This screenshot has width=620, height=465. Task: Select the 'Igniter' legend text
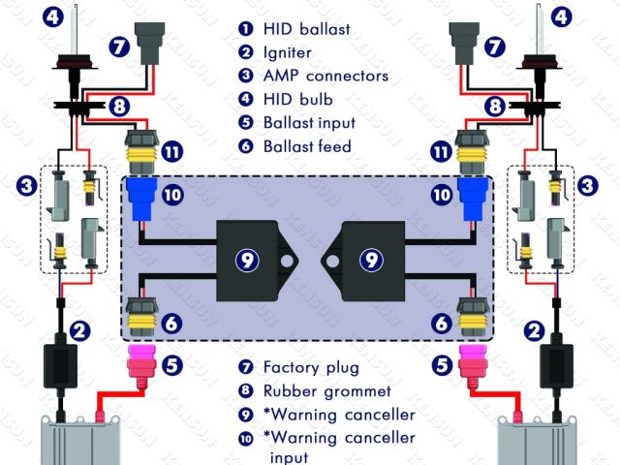click(290, 52)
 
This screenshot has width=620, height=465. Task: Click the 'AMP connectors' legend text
click(326, 76)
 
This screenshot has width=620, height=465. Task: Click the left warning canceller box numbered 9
click(249, 257)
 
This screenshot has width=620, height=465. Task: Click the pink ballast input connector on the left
click(142, 367)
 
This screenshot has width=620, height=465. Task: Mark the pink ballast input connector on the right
click(473, 367)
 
